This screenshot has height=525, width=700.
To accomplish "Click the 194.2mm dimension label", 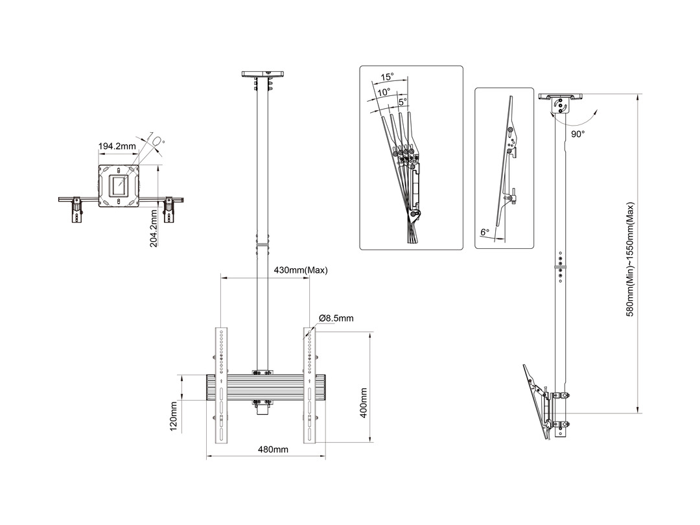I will pyautogui.click(x=117, y=146).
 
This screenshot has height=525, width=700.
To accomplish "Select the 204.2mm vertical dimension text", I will pyautogui.click(x=154, y=231).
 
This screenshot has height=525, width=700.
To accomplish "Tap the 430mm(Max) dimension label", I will pyautogui.click(x=301, y=270).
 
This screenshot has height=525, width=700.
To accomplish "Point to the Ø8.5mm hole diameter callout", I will pyautogui.click(x=336, y=318).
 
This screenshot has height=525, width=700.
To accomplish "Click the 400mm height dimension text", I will pyautogui.click(x=364, y=402).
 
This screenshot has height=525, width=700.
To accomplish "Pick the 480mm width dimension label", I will pyautogui.click(x=273, y=449).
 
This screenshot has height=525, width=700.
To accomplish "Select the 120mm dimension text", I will pyautogui.click(x=174, y=418).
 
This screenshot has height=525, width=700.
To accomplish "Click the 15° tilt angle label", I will pyautogui.click(x=388, y=76).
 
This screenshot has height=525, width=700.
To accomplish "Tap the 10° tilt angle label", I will pyautogui.click(x=384, y=92).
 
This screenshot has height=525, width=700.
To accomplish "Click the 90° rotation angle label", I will pyautogui.click(x=578, y=134).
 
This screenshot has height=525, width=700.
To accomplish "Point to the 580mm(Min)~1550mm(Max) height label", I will pyautogui.click(x=629, y=259).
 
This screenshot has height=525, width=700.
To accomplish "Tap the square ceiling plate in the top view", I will pyautogui.click(x=119, y=186).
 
